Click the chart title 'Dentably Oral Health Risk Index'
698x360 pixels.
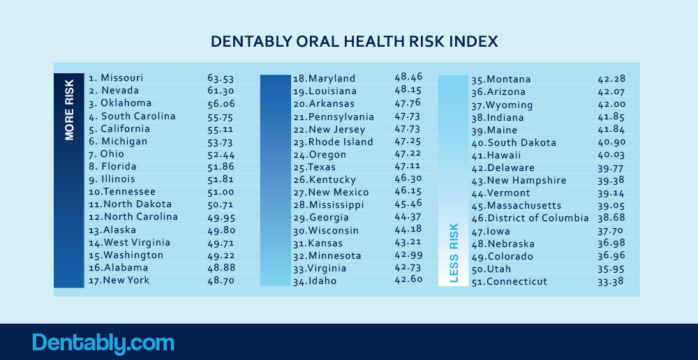[x=354, y=42]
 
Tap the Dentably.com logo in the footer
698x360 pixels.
[x=103, y=343]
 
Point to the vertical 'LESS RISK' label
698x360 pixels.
[x=454, y=253]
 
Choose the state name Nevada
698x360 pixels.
[x=120, y=90]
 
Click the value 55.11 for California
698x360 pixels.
[x=220, y=128]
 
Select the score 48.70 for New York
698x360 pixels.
[x=220, y=280]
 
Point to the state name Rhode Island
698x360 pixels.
[x=341, y=142]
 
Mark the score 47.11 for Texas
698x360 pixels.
[x=408, y=167]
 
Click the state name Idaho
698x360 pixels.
[x=322, y=281]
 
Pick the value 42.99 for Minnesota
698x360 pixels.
[x=408, y=255]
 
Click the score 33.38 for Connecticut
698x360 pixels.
[x=611, y=282]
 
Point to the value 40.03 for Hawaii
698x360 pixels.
[x=611, y=155]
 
